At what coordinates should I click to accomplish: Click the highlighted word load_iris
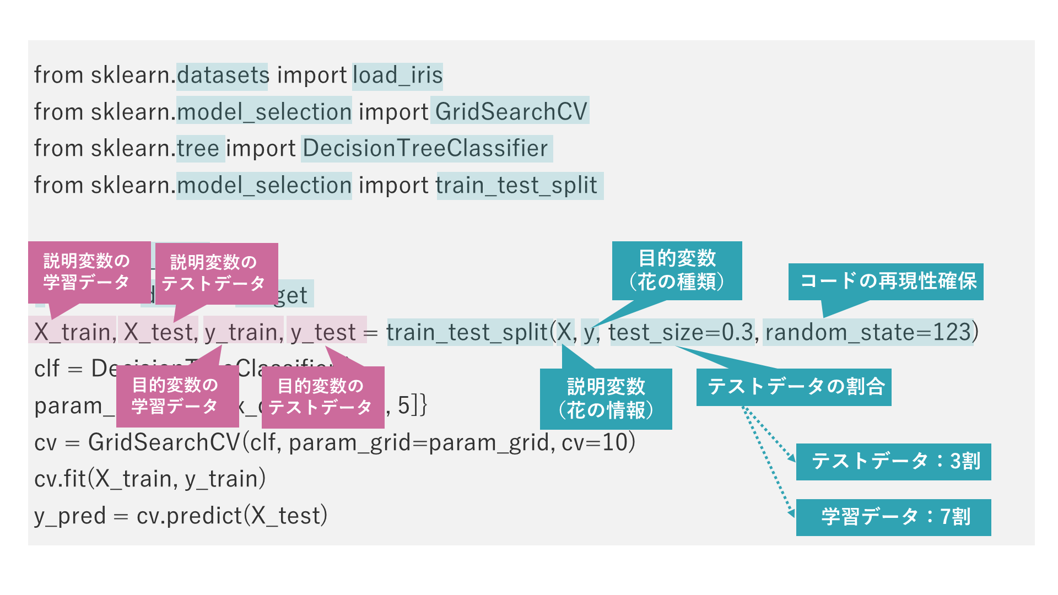point(397,75)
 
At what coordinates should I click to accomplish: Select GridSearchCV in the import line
point(510,112)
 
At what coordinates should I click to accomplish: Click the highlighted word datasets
point(222,75)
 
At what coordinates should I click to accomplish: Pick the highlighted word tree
point(200,148)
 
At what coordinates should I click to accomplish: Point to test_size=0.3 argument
point(681,332)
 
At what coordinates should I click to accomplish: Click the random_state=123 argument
point(868,332)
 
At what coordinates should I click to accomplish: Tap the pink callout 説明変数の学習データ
point(88,272)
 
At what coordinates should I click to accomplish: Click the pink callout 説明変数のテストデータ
point(215,273)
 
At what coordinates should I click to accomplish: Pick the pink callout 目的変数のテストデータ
point(322,397)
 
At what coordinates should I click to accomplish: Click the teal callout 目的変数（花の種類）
point(677,270)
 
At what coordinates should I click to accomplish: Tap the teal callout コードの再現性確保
point(886,282)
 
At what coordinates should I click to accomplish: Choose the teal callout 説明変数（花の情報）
point(606,398)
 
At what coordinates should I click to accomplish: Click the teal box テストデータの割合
point(793,387)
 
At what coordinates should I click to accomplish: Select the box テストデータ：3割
point(893,462)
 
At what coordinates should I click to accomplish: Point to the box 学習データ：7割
point(893,517)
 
